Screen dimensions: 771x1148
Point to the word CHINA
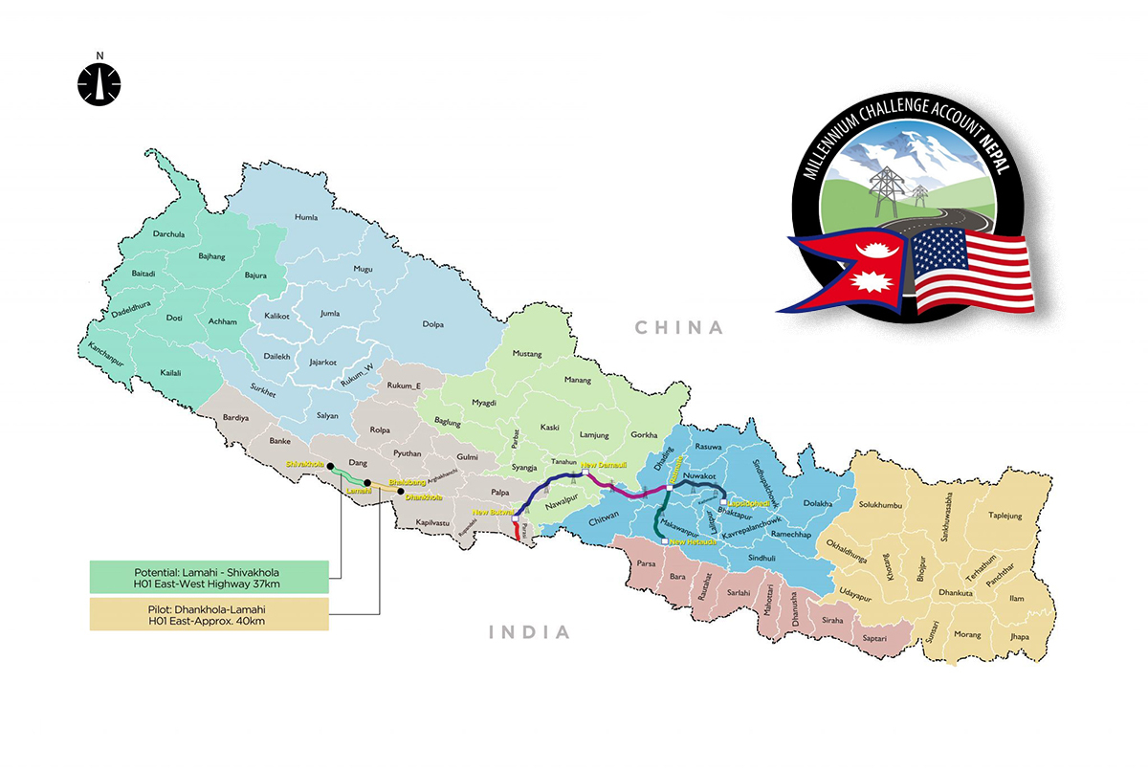680,328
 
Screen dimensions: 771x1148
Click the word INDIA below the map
529,632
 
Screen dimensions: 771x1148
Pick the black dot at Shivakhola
327,470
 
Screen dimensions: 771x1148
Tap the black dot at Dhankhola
401,492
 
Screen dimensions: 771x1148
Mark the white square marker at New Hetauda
664,541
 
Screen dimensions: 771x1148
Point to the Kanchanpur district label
99,359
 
